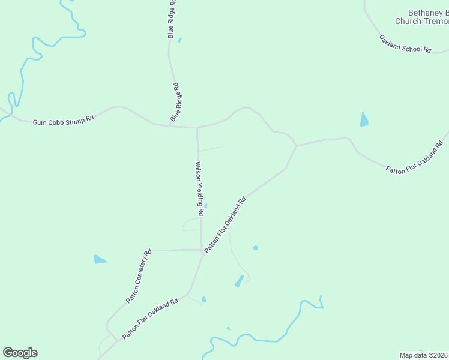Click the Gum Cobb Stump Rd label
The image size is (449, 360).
(63, 121)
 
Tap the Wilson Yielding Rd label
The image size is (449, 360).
(198, 188)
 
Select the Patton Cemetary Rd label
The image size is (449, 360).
(139, 276)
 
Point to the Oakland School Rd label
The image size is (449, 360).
(405, 44)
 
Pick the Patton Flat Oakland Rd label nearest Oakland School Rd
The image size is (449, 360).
(414, 158)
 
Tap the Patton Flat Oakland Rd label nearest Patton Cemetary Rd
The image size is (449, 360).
(150, 319)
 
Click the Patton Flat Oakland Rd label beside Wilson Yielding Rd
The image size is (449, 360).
(226, 225)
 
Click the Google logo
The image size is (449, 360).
(20, 353)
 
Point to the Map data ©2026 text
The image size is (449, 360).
(424, 355)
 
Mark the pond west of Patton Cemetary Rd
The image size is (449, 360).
(100, 260)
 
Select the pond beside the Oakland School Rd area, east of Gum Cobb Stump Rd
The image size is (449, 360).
(364, 119)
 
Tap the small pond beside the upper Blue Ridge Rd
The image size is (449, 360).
(179, 41)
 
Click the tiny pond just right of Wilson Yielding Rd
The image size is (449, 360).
(206, 206)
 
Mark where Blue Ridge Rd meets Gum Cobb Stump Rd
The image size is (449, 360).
(197, 127)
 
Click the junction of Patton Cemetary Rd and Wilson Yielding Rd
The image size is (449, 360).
(201, 250)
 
